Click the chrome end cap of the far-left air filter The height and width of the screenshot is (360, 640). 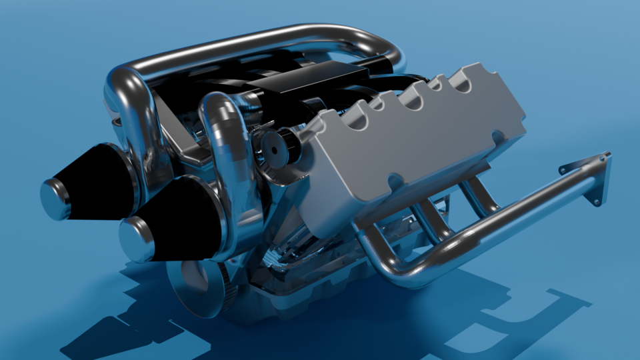pos(55,199)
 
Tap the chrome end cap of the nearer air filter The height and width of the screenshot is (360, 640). pos(137,239)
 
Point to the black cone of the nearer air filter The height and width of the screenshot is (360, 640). pos(183,220)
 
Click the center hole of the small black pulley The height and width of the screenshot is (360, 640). pos(273,150)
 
